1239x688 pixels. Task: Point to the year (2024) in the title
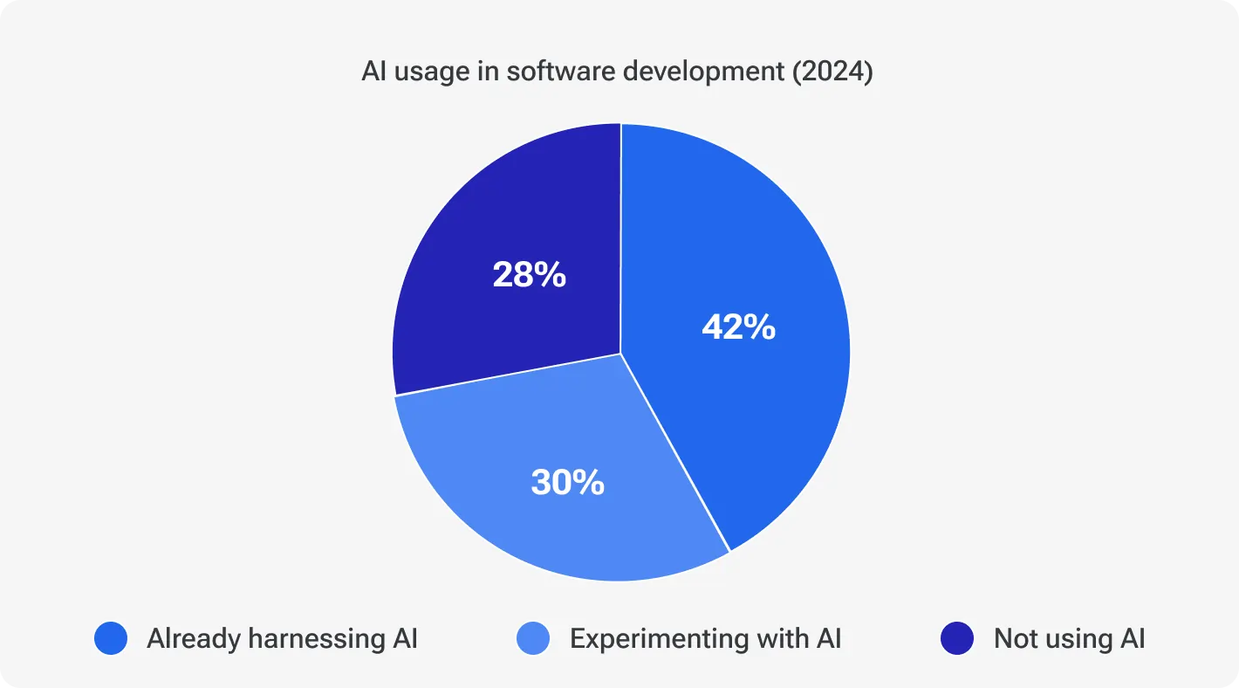point(832,72)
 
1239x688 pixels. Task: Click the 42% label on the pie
point(738,327)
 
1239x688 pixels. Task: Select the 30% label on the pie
point(567,482)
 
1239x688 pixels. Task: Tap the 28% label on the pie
point(529,275)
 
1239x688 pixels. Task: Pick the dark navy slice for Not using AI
point(489,218)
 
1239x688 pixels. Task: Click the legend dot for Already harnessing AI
point(111,639)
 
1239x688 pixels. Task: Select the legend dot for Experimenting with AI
point(533,639)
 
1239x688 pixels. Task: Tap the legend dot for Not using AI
point(957,639)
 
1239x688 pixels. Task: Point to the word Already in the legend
point(193,639)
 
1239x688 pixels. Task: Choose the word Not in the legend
point(1016,639)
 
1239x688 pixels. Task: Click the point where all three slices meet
point(620,354)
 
